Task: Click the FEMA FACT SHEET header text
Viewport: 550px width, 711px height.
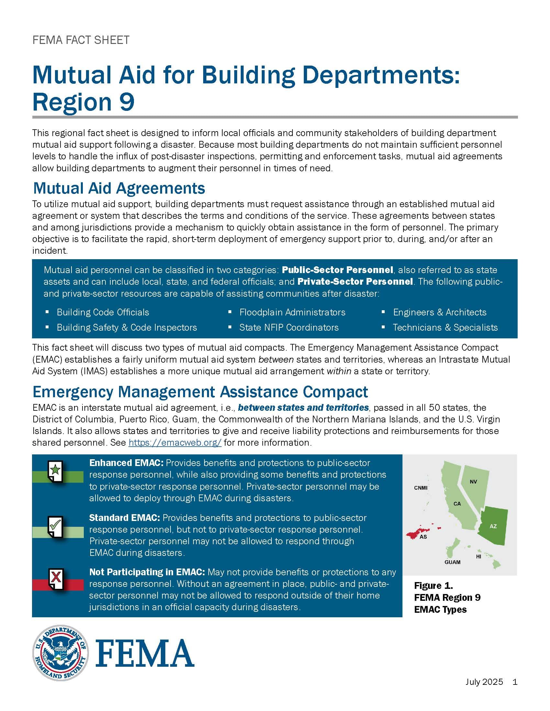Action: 81,40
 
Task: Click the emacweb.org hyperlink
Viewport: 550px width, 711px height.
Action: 175,442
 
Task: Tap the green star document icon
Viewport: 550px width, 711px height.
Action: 56,471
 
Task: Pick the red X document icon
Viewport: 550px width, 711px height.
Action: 56,579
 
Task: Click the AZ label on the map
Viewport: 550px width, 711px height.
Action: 493,526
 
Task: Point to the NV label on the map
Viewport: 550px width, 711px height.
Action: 473,482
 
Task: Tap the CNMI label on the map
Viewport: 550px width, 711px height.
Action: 421,488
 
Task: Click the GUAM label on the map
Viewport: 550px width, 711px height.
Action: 453,562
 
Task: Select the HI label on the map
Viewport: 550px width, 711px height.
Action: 478,557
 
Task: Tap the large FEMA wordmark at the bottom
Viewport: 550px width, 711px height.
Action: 145,653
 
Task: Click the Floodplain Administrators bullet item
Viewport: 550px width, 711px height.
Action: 292,312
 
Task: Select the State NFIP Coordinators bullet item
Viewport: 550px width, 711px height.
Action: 289,327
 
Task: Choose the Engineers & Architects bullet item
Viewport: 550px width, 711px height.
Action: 440,312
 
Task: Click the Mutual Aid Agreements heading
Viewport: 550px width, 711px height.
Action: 119,188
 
